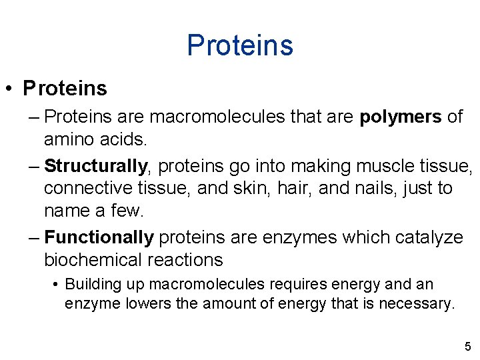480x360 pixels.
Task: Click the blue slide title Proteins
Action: click(x=240, y=45)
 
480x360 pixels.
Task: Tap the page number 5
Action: click(x=467, y=346)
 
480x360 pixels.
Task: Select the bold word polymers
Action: click(x=400, y=117)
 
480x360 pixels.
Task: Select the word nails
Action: click(x=365, y=188)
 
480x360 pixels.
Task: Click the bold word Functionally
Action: click(x=99, y=237)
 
